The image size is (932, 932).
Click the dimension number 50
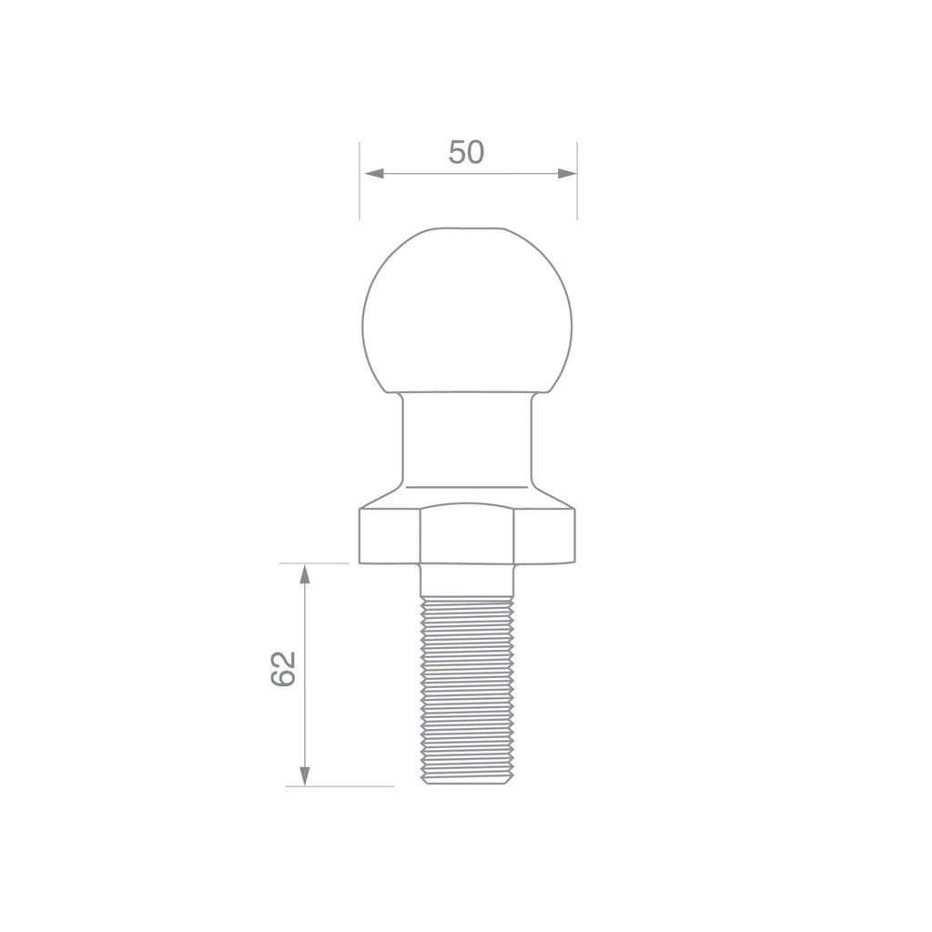click(466, 153)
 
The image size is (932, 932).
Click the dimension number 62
click(284, 670)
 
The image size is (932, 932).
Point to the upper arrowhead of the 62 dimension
click(305, 574)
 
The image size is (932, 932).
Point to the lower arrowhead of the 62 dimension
click(305, 775)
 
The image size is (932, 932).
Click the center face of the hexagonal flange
click(468, 537)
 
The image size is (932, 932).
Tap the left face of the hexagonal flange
click(390, 537)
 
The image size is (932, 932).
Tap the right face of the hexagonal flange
click(544, 537)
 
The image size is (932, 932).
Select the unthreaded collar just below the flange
click(466, 580)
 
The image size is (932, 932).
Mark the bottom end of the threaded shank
click(466, 781)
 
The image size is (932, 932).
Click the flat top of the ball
click(468, 228)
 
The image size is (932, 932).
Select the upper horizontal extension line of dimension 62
click(319, 563)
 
